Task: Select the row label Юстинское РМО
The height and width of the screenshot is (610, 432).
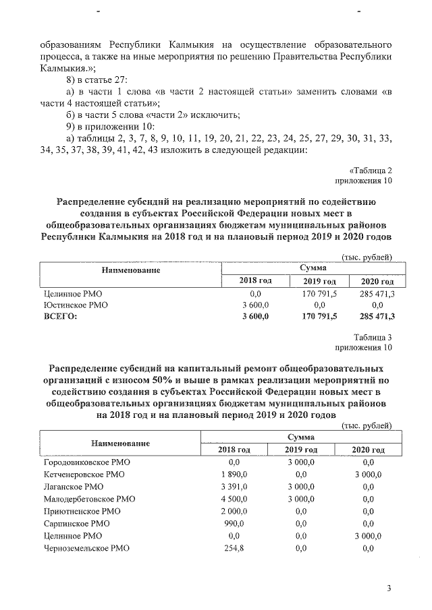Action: click(x=72, y=305)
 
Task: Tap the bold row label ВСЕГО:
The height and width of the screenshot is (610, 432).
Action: click(x=59, y=315)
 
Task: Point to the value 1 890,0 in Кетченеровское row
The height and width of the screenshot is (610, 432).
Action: click(x=234, y=475)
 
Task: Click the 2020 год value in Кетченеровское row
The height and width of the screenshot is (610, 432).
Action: click(x=369, y=475)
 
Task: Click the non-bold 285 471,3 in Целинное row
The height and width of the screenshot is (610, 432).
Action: click(x=377, y=294)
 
